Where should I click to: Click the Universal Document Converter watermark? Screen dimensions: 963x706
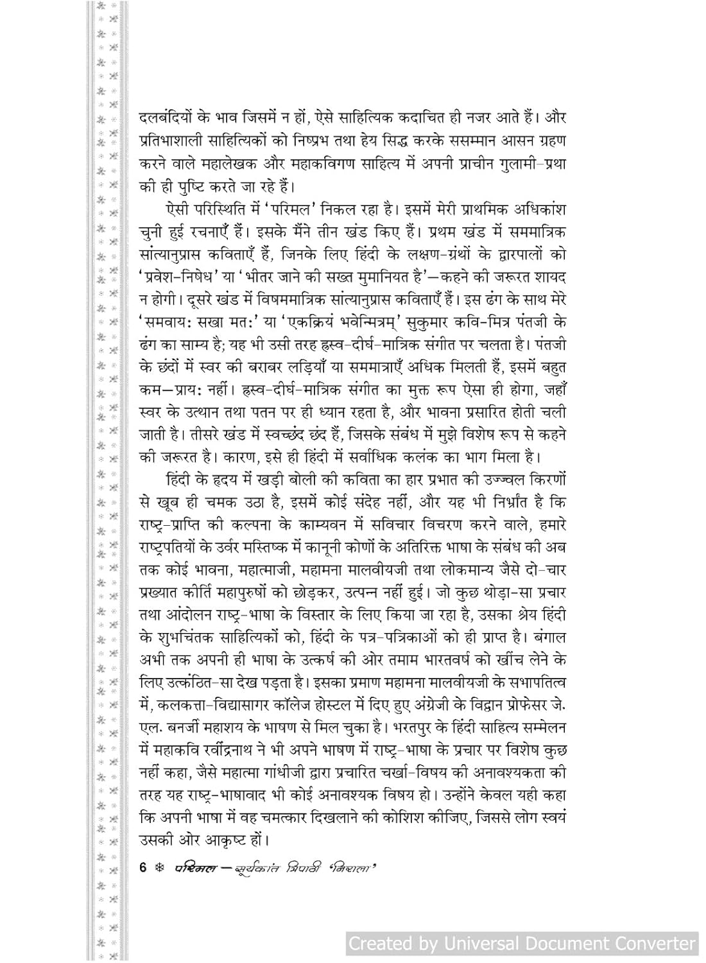pos(522,943)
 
